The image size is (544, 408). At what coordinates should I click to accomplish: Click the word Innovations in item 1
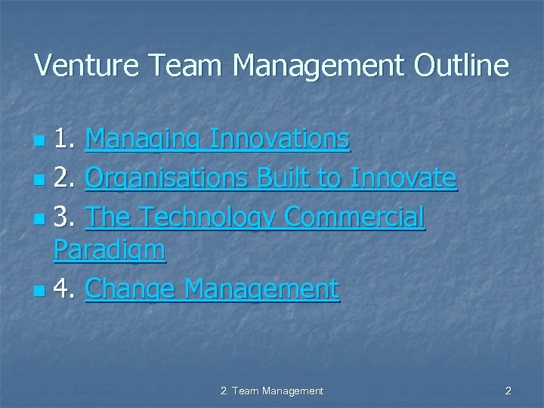pyautogui.click(x=279, y=140)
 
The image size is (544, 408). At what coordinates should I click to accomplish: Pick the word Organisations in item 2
pyautogui.click(x=167, y=178)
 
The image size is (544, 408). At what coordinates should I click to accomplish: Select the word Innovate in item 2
pyautogui.click(x=403, y=178)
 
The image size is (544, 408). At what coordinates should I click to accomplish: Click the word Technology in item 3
pyautogui.click(x=203, y=218)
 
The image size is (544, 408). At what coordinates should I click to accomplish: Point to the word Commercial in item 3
pyautogui.click(x=354, y=218)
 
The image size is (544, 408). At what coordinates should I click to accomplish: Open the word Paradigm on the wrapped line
pyautogui.click(x=110, y=250)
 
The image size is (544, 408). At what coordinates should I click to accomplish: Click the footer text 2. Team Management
pyautogui.click(x=271, y=391)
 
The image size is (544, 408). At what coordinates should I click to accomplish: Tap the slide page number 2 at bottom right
pyautogui.click(x=508, y=391)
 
